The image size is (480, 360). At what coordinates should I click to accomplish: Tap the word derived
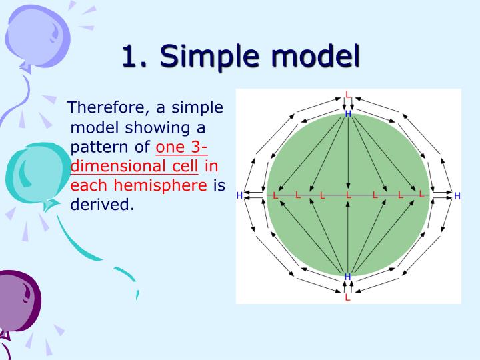point(101,204)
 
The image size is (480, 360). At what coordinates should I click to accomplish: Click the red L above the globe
point(347,95)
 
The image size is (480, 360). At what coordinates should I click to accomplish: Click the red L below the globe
point(347,297)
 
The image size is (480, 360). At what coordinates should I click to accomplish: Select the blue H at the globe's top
point(347,115)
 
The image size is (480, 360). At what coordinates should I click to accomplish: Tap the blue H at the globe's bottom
point(347,277)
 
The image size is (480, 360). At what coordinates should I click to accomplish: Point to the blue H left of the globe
point(240,195)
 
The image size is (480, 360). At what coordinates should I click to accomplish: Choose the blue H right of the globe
point(457,195)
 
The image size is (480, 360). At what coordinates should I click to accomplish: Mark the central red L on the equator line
point(348,195)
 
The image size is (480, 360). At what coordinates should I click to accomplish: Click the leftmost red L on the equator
point(275,195)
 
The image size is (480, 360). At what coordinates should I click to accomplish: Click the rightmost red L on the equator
point(421,195)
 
